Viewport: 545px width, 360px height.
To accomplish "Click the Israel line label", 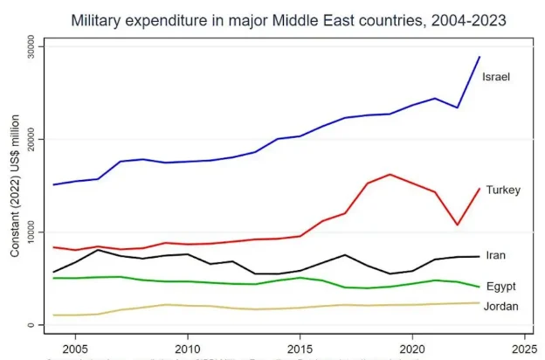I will coord(496,77).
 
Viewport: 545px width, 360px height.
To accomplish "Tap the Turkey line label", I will coord(502,190).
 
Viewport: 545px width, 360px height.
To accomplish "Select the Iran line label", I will coord(495,255).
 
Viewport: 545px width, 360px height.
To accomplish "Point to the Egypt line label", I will coord(501,286).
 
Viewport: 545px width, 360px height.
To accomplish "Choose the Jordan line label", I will coord(501,306).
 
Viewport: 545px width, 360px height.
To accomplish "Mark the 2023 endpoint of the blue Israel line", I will coord(479,57).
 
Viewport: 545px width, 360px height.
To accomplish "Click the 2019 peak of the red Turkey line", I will coord(390,174).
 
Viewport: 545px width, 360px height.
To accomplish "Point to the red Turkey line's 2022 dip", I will coord(457,225).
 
